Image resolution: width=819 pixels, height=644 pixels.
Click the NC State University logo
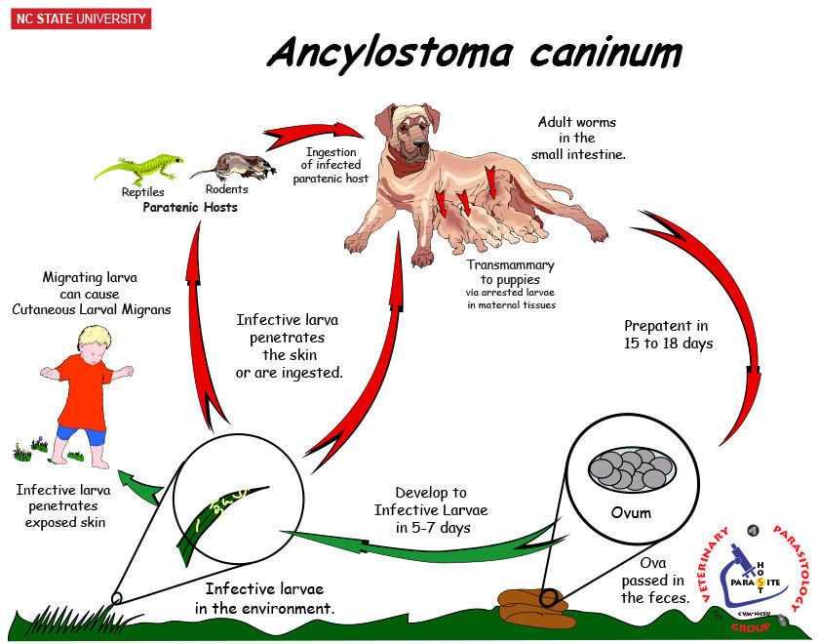tap(81, 19)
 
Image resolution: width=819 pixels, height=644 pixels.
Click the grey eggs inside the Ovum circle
tap(628, 471)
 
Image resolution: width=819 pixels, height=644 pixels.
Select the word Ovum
tap(628, 511)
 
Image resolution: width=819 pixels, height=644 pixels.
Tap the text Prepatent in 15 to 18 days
tap(666, 334)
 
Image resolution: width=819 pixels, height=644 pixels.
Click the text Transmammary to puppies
tap(510, 273)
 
